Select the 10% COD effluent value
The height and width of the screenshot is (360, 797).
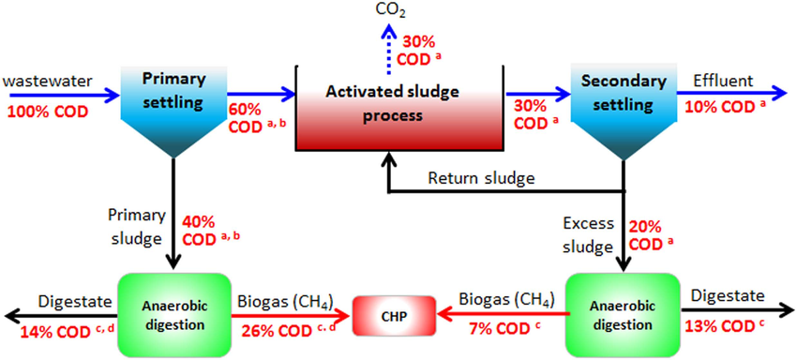725,107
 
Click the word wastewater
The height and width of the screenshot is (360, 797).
46,82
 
